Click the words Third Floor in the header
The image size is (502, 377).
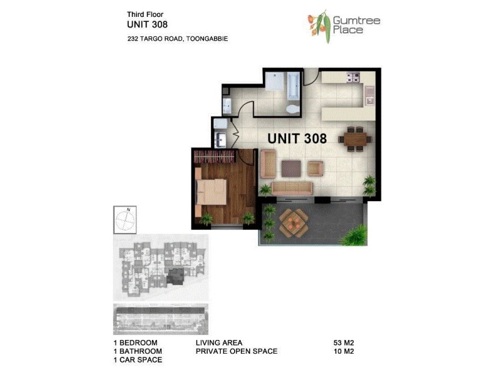click(x=145, y=13)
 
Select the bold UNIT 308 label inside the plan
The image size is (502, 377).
click(x=297, y=139)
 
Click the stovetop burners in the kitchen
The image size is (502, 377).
click(x=353, y=78)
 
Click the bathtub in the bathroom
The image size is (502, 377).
click(x=294, y=85)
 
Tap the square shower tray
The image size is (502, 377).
click(x=274, y=82)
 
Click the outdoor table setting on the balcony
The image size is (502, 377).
click(x=292, y=221)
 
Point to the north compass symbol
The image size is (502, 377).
click(x=127, y=220)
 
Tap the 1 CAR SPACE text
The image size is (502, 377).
click(x=137, y=360)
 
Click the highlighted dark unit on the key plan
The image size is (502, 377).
click(x=177, y=274)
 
